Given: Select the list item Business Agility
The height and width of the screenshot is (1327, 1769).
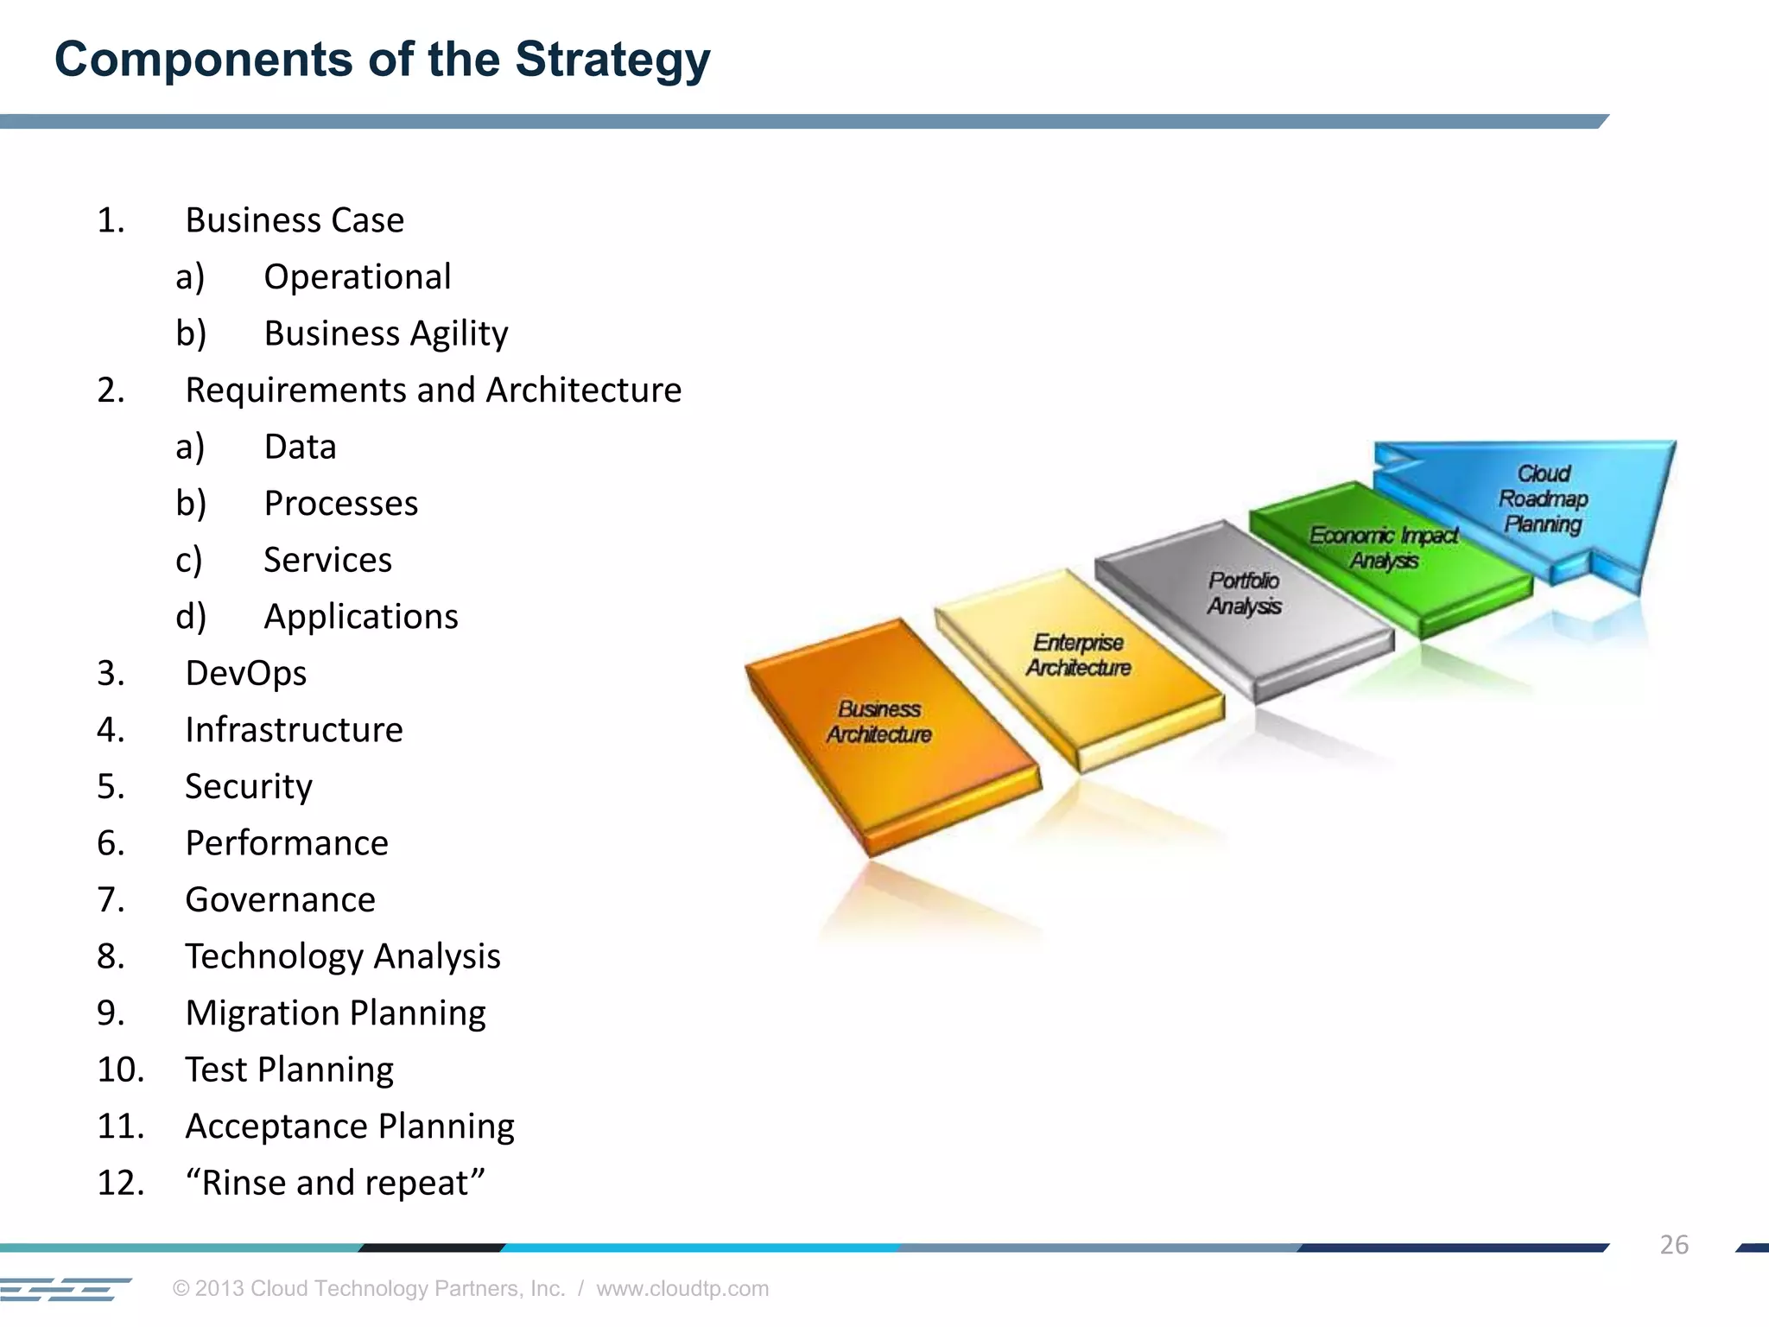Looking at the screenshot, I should [385, 333].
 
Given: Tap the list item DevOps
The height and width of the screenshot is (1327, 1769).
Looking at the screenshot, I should [245, 673].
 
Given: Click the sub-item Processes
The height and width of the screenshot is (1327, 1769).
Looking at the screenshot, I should [340, 504].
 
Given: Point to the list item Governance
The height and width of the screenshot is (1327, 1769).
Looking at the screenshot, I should [280, 900].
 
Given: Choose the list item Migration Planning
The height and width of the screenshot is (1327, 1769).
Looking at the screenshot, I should [335, 1013].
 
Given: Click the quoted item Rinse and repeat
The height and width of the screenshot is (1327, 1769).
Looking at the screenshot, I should [335, 1183].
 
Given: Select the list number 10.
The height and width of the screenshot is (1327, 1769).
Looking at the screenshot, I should [119, 1070].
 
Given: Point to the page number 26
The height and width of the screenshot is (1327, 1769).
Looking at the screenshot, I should [1673, 1245].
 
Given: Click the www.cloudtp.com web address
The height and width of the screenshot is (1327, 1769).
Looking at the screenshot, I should [682, 1288].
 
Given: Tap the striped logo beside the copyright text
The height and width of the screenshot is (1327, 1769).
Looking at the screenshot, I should [65, 1289].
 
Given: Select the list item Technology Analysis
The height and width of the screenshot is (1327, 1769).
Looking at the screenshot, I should [342, 956].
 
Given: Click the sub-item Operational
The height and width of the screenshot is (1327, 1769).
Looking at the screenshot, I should [357, 277].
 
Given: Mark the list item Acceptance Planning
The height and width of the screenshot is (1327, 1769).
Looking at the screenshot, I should [349, 1127].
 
